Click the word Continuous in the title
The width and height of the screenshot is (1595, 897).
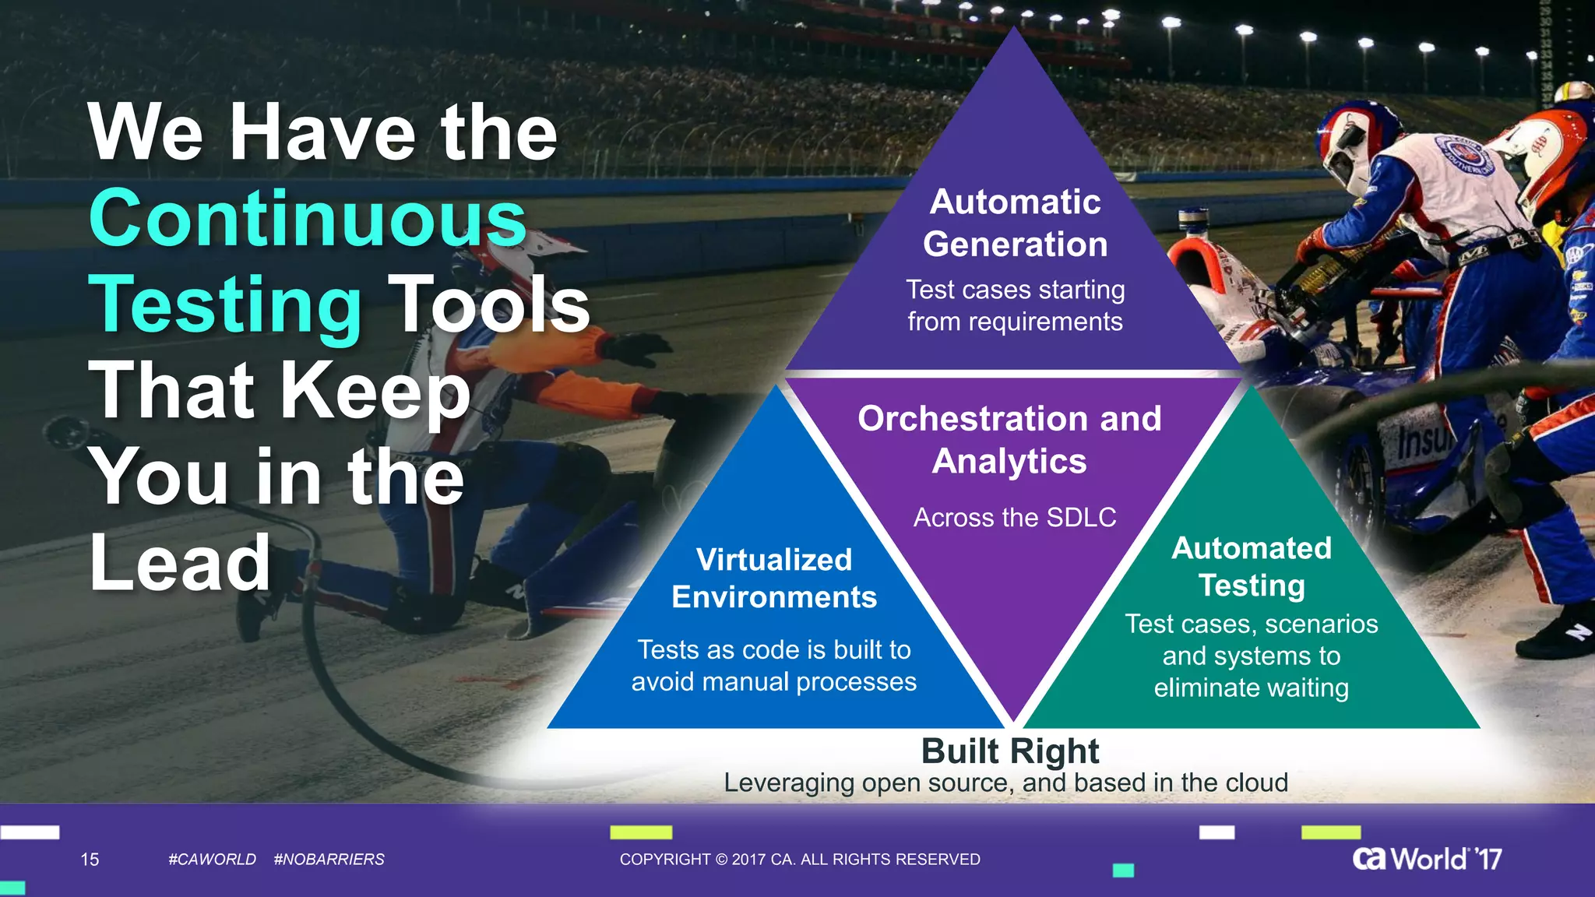(308, 219)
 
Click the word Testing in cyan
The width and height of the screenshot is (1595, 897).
(225, 306)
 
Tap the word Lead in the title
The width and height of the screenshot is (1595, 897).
(180, 562)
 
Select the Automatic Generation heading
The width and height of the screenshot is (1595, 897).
(1015, 223)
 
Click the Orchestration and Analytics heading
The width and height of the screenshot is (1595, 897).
(1009, 440)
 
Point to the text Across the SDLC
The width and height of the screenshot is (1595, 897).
(1014, 518)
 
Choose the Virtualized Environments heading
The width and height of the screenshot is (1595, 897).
(774, 579)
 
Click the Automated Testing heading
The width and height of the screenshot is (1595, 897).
(1251, 567)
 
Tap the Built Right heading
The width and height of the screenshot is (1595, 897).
(1009, 751)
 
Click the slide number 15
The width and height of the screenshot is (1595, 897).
(90, 860)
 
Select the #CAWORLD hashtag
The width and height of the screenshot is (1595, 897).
(212, 860)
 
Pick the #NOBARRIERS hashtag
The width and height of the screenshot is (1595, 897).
(329, 860)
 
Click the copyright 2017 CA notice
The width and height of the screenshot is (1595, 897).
(800, 860)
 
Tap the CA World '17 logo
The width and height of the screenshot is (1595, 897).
(1427, 859)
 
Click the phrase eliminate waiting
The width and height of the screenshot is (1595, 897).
(1251, 688)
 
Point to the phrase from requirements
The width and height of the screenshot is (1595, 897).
(1015, 322)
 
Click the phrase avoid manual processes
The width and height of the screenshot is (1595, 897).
(773, 682)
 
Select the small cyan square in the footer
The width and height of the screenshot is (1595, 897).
(1122, 871)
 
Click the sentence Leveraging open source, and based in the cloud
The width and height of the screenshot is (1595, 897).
(1005, 783)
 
